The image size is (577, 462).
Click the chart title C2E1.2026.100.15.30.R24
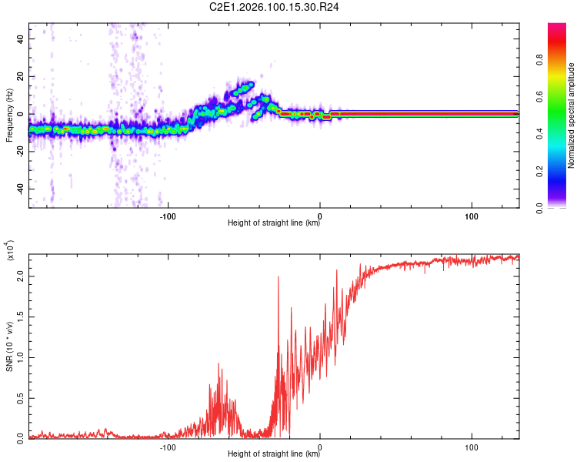(x=275, y=7)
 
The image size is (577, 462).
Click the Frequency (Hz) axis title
(x=9, y=115)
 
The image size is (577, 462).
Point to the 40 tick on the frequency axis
(x=21, y=38)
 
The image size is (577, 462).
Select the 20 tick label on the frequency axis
(x=21, y=76)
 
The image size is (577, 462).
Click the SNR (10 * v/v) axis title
(x=9, y=345)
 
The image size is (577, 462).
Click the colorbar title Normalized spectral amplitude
(x=572, y=115)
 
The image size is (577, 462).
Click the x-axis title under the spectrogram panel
(x=274, y=223)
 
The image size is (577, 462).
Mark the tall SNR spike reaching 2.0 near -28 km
(x=278, y=279)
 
